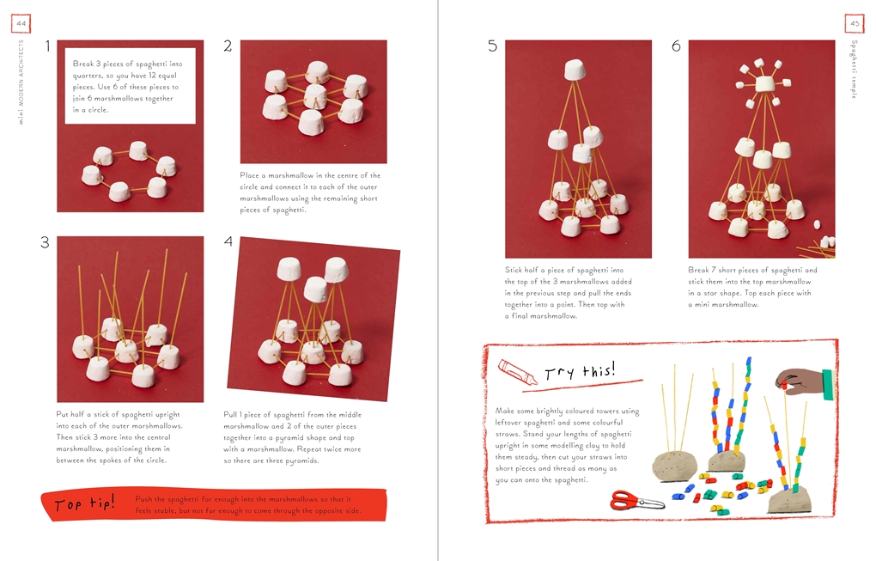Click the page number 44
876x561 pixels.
21,23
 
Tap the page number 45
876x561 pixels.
855,23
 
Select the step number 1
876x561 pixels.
48,46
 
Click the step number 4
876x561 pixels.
228,241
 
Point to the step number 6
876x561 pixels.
676,46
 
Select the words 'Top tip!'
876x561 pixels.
84,504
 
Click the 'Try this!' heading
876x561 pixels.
580,370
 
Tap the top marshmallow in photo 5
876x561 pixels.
575,70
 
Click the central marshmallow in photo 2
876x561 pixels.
315,96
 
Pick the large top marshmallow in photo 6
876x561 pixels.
765,84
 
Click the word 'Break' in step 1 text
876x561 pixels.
83,64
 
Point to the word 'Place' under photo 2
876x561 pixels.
249,175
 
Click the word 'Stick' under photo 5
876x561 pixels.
514,270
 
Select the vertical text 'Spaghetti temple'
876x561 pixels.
855,70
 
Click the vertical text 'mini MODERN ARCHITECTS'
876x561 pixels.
21,82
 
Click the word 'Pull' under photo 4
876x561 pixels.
231,415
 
